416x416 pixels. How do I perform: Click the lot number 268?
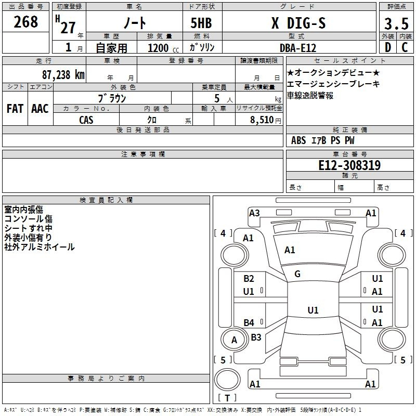(x=25, y=22)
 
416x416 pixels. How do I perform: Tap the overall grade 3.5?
(x=396, y=23)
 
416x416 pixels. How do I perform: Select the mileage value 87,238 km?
(x=63, y=75)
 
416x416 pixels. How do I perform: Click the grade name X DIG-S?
(x=298, y=23)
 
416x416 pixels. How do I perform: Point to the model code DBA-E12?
(x=298, y=48)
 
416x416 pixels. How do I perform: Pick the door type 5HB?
(x=201, y=23)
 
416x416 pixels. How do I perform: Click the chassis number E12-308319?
(x=349, y=165)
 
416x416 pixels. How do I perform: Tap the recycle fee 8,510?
(x=262, y=120)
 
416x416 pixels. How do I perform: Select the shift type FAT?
(x=15, y=109)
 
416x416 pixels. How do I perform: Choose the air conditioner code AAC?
(x=40, y=109)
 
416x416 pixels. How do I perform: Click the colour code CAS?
(x=86, y=120)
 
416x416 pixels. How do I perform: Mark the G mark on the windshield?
(x=297, y=274)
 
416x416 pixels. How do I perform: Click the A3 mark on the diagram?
(x=254, y=213)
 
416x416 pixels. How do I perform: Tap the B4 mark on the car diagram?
(x=249, y=322)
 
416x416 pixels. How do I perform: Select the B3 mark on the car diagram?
(x=256, y=337)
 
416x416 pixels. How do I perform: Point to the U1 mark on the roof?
(x=313, y=310)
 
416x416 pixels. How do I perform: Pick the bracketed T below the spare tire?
(x=227, y=398)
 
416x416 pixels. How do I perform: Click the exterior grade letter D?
(x=388, y=47)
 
